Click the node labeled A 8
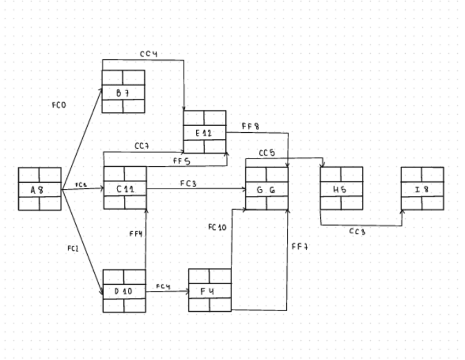pos(39,189)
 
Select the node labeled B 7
pos(123,92)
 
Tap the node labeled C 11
pos(125,188)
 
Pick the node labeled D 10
pos(124,291)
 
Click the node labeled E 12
pos(205,132)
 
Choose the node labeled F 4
pos(209,290)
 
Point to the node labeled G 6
pos(266,188)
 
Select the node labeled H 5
pos(341,188)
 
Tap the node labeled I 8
pos(422,189)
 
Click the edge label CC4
pos(149,54)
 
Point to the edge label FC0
pos(59,105)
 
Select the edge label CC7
pos(143,146)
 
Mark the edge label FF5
pos(182,161)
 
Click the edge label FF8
pos(251,126)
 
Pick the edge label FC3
pos(188,183)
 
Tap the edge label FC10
pos(217,227)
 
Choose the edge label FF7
pos(300,246)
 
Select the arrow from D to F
pos(167,291)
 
